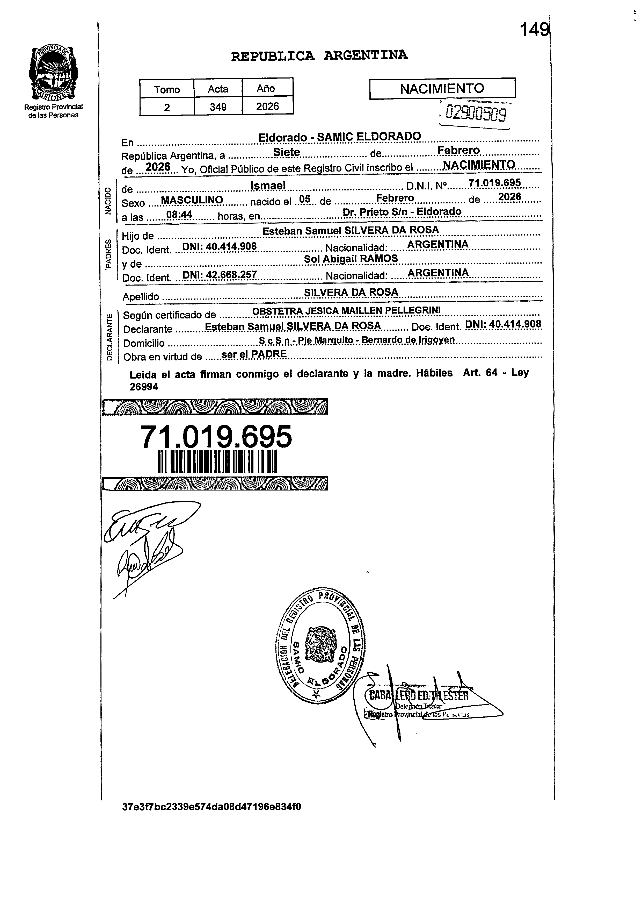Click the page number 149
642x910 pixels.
534,30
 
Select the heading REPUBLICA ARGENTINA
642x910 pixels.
319,56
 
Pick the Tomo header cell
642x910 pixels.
167,89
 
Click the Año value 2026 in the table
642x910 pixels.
267,106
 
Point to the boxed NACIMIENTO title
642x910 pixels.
442,88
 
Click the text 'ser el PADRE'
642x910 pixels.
254,354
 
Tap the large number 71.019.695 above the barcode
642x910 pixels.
216,437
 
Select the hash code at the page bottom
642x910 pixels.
212,807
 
